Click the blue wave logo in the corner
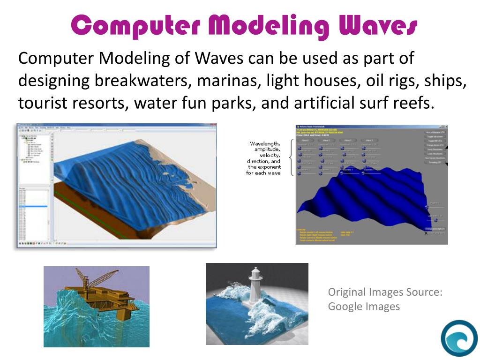(459, 338)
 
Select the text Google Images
(364, 307)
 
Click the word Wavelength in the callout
(265, 143)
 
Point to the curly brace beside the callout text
(291, 157)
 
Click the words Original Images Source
(385, 292)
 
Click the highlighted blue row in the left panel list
(33, 206)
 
